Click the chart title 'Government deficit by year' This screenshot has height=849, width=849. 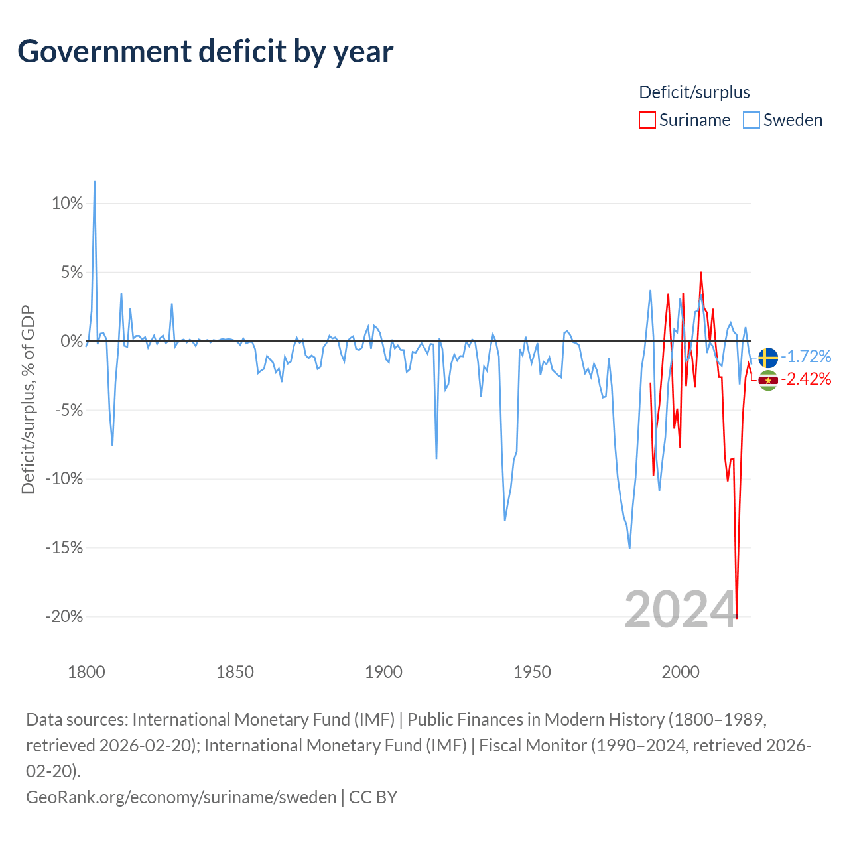coord(206,52)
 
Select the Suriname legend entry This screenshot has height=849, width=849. coord(685,120)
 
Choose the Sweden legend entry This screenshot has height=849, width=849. coord(783,120)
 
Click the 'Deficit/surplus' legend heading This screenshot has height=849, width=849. coord(694,92)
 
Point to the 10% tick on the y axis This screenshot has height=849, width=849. coord(67,203)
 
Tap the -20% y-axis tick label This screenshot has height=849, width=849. coord(64,616)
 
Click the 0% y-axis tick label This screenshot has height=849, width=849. coord(71,341)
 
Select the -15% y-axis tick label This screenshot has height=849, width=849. coord(64,547)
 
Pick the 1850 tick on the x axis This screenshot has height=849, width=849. coord(235,672)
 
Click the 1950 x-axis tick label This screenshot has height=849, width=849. coord(532,672)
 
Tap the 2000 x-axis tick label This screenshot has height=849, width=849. coord(681,672)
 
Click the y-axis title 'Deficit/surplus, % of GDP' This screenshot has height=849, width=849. coord(28,400)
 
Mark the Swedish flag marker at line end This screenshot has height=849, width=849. coord(768,358)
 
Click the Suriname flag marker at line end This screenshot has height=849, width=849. coord(768,380)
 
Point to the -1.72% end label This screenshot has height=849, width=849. coord(806,356)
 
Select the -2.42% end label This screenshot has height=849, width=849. coord(806,379)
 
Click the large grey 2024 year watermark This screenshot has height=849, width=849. coord(681,610)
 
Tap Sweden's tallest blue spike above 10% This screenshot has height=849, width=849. coord(94,182)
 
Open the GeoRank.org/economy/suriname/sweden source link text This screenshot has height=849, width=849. coord(181,797)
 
